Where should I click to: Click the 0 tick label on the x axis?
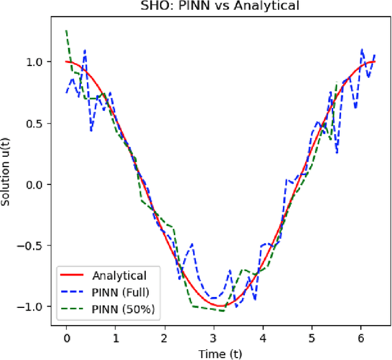[66, 337]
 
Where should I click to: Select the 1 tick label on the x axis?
[115, 337]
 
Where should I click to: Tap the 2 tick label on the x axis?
[164, 337]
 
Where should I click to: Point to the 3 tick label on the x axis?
[213, 337]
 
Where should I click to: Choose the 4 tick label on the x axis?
[262, 337]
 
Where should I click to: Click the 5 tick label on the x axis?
[311, 337]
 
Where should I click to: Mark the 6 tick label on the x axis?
[360, 337]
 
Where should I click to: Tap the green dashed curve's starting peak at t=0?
[66, 30]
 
